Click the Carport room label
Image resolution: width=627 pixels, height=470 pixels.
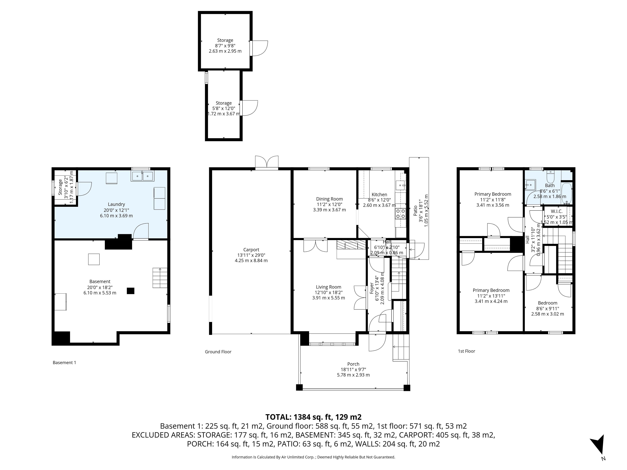[251, 250]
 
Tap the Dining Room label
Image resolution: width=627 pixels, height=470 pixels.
[329, 199]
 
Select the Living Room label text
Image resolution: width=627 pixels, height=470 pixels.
[329, 287]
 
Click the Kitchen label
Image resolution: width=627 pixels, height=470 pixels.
[379, 195]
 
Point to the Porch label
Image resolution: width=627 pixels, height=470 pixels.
[353, 364]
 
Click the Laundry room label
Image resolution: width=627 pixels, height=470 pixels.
[116, 204]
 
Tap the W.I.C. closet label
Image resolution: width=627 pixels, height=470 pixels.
[556, 211]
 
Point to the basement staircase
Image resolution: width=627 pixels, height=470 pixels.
[160, 278]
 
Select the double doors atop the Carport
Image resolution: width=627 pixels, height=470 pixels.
[267, 162]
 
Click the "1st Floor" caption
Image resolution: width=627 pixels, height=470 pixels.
[466, 351]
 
